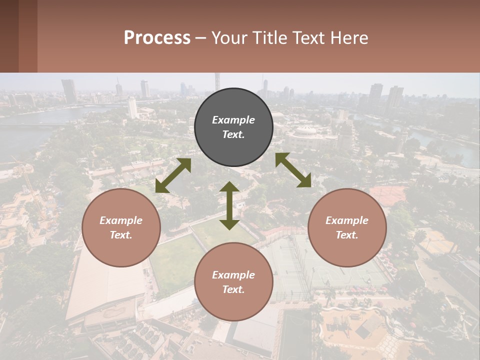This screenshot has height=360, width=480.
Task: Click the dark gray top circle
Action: coord(233,127)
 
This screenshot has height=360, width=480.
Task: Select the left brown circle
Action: coord(121,228)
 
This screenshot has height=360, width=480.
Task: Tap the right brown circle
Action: coord(347,228)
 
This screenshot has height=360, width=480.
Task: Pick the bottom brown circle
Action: coord(233,282)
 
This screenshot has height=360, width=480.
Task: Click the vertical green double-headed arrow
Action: coord(229,205)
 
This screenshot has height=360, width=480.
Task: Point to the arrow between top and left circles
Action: coord(173,175)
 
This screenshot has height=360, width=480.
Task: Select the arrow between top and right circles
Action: coord(293,170)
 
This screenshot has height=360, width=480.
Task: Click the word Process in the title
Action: coord(157,37)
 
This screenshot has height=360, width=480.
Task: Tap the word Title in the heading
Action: coord(270,37)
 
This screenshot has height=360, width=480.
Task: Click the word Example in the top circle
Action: coord(233,120)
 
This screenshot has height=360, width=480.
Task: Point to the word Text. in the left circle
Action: coord(121,235)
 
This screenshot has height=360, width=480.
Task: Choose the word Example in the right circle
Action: coord(347,220)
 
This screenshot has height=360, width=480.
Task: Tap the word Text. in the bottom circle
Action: coord(233,289)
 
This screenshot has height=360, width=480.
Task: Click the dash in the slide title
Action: coord(201,38)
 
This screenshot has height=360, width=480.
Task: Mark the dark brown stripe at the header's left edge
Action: coord(9,36)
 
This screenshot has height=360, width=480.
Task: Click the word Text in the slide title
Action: coord(308,37)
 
